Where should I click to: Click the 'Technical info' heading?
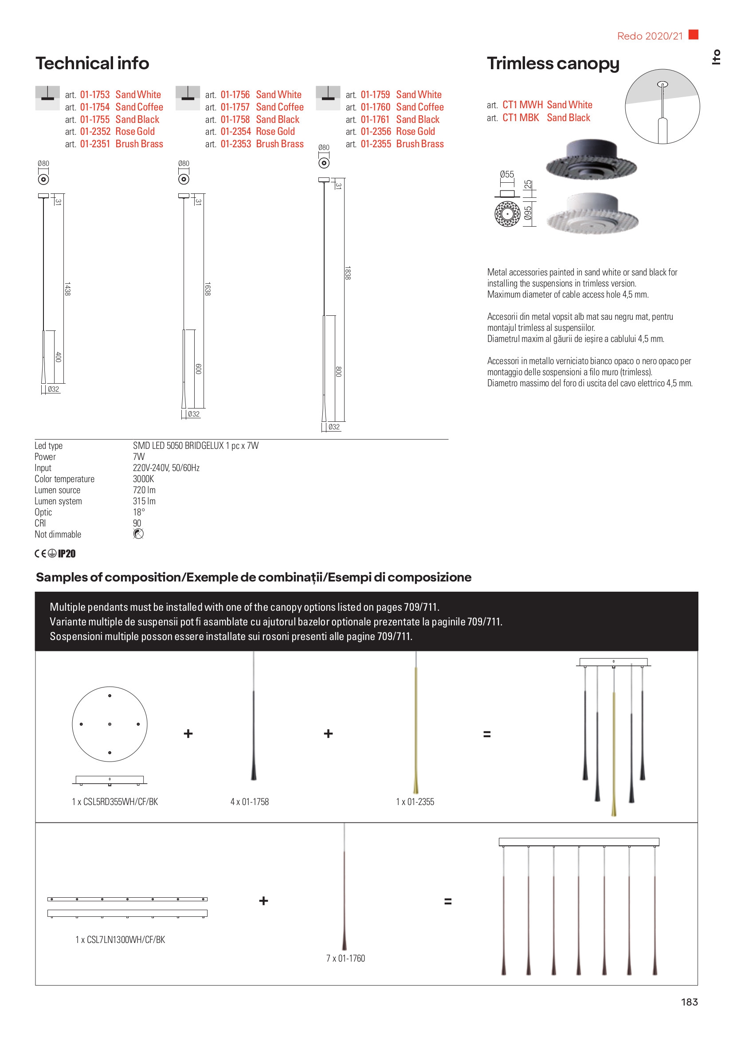pyautogui.click(x=92, y=63)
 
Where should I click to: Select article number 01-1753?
pyautogui.click(x=95, y=95)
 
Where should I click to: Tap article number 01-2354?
pyautogui.click(x=235, y=131)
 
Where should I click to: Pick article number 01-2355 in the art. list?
pyautogui.click(x=376, y=144)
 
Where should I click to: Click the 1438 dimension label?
pyautogui.click(x=67, y=289)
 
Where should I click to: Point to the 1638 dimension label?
pyautogui.click(x=207, y=289)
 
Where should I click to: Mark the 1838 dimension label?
pyautogui.click(x=347, y=273)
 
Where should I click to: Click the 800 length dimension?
pyautogui.click(x=338, y=372)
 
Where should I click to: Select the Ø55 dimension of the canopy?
pyautogui.click(x=507, y=174)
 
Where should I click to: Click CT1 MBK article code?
pyautogui.click(x=521, y=118)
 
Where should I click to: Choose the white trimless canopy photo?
pyautogui.click(x=592, y=214)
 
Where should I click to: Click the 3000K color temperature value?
pyautogui.click(x=143, y=479)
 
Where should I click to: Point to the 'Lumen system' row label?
pyautogui.click(x=58, y=501)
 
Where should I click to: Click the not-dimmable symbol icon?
pyautogui.click(x=138, y=534)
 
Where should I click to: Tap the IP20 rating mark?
pyautogui.click(x=67, y=554)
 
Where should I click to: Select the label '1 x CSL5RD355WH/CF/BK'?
pyautogui.click(x=115, y=801)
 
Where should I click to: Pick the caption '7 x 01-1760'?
pyautogui.click(x=345, y=958)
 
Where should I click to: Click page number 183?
pyautogui.click(x=689, y=1002)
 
